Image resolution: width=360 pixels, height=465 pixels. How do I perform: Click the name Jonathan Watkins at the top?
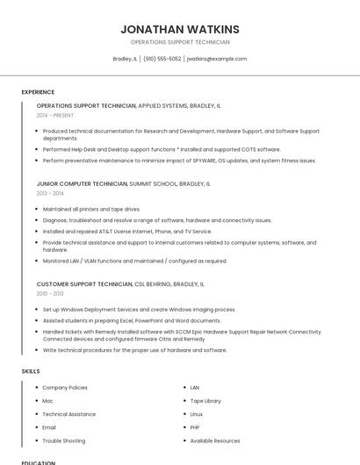[x=180, y=29]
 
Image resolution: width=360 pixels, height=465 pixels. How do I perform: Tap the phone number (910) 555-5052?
[x=162, y=59]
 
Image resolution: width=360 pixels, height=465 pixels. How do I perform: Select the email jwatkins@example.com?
[x=217, y=59]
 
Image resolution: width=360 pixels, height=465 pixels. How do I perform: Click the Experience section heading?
[x=38, y=92]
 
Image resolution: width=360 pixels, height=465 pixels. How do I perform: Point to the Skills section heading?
[x=31, y=371]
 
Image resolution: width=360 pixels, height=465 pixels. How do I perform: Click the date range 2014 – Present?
[x=55, y=115]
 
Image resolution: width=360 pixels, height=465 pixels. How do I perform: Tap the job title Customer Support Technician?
[x=84, y=284]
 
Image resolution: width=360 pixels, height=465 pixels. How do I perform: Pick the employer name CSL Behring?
[x=153, y=284]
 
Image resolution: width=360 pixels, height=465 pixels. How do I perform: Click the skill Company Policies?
[x=65, y=387]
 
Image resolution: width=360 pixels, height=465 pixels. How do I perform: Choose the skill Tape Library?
[x=205, y=401]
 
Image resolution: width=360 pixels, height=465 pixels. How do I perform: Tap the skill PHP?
[x=195, y=427]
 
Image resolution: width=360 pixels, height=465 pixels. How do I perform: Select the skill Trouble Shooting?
[x=64, y=440]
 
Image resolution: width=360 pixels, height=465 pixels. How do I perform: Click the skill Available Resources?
[x=215, y=440]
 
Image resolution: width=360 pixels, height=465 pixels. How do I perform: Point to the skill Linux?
[x=197, y=414]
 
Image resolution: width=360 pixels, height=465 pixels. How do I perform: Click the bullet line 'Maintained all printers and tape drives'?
[x=91, y=209]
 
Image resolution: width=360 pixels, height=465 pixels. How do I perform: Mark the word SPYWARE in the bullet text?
[x=204, y=161]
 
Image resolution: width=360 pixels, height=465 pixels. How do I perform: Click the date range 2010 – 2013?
[x=50, y=294]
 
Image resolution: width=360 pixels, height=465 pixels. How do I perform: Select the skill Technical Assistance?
[x=69, y=414]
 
